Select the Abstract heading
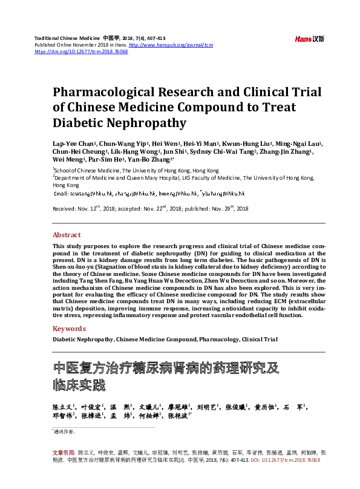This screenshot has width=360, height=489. tap(67, 235)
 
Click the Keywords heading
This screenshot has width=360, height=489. tap(69, 329)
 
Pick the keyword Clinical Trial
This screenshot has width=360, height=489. tap(260, 340)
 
